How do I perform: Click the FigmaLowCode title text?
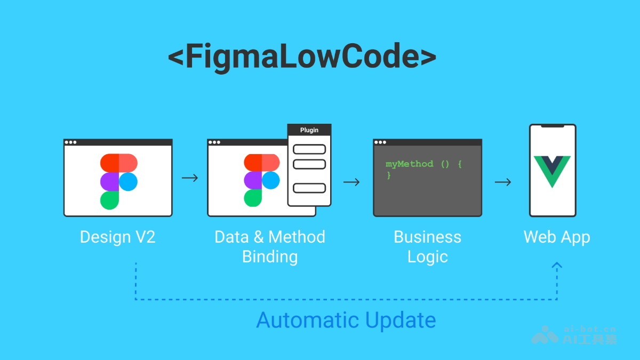[302, 57]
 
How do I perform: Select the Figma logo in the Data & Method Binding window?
[261, 180]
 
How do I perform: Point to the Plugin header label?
[309, 130]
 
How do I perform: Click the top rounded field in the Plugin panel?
[309, 149]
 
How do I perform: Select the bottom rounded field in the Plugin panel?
[309, 188]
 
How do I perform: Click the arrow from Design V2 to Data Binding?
[190, 178]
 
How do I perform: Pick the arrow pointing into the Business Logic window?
[351, 182]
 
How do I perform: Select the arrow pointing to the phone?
[503, 182]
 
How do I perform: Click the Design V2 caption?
[117, 237]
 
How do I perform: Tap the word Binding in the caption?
[270, 257]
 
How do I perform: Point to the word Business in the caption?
[427, 237]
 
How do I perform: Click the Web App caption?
[557, 237]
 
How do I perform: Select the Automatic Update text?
[346, 321]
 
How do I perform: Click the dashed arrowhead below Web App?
[557, 265]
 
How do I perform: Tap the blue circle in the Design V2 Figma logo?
[128, 182]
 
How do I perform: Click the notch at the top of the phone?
[553, 126]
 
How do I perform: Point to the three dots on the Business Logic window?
[380, 142]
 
